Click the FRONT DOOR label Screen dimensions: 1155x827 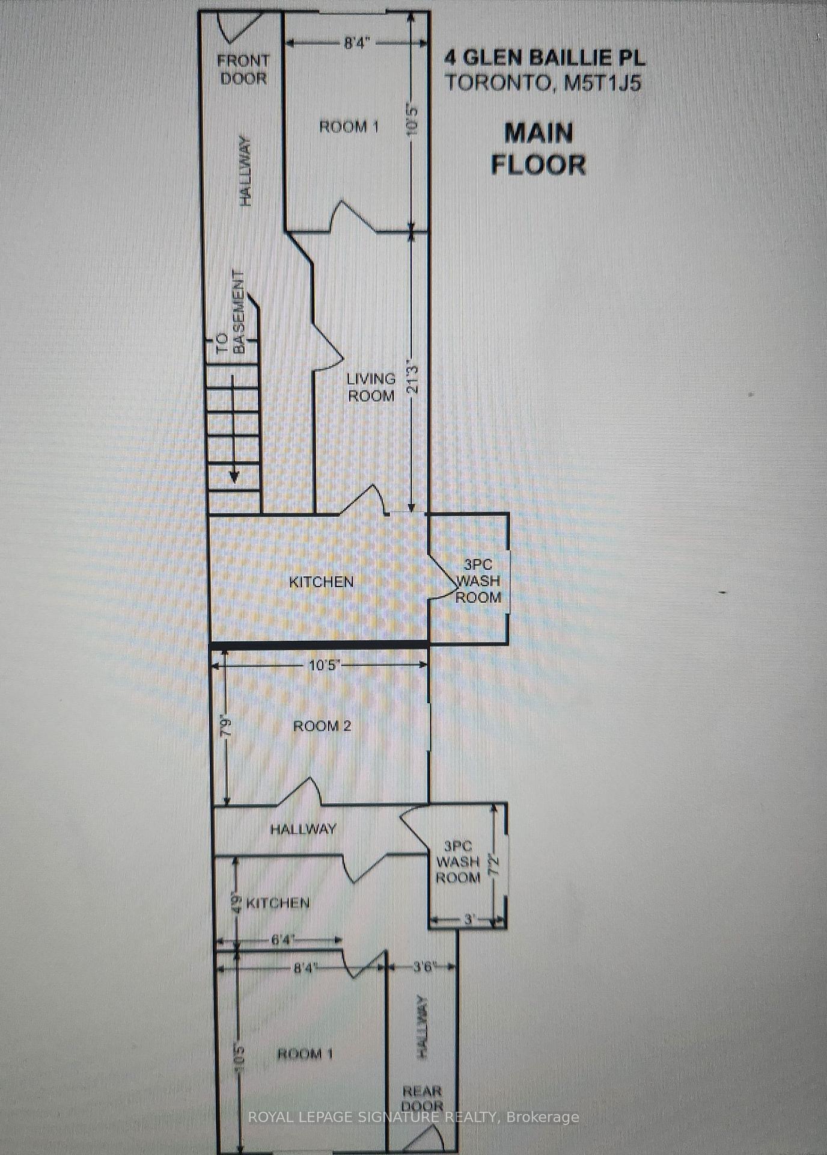(x=243, y=69)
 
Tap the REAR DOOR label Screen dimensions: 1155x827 (x=422, y=1098)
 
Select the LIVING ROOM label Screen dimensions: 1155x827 (x=371, y=387)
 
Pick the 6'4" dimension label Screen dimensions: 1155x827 (x=281, y=940)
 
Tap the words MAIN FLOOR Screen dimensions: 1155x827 (x=538, y=148)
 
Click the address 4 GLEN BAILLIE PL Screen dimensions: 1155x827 (x=545, y=58)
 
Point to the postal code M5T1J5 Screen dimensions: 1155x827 (x=602, y=82)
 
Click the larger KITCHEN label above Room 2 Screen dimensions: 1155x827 (x=321, y=582)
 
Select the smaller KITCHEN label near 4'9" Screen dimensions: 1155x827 (x=278, y=903)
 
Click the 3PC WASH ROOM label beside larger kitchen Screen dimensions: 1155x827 (x=479, y=581)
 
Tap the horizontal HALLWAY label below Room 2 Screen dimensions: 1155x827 (x=303, y=829)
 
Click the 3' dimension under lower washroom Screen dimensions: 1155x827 (x=470, y=919)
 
